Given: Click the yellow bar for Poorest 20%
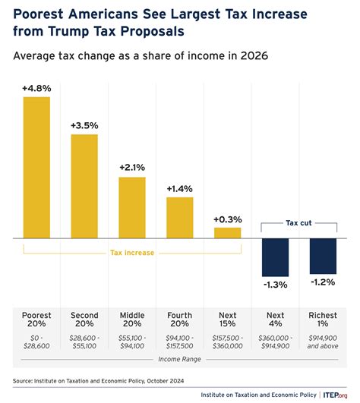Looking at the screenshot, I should coord(36,167).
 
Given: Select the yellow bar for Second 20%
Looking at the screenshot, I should coord(84,186).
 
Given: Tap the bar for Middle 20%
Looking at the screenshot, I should coord(132,207).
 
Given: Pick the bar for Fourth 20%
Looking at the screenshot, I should coord(180,217).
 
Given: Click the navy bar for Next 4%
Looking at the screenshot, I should coord(275,256).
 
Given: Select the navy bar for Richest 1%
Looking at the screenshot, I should coord(323,255).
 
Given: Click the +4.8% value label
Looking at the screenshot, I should coord(36,89).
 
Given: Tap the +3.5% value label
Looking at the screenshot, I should coord(84,125).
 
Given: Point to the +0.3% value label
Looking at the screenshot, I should coord(227,219).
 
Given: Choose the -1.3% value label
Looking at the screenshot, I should coord(275,284).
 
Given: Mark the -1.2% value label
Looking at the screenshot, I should coord(323,282).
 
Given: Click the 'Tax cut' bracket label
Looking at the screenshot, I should coord(298,223).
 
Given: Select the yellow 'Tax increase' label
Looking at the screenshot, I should coord(132,253).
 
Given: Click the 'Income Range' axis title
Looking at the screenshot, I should coord(180,357).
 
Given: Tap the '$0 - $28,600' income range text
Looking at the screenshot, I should coord(36,342).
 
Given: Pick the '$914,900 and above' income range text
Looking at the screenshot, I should coord(323,342).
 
